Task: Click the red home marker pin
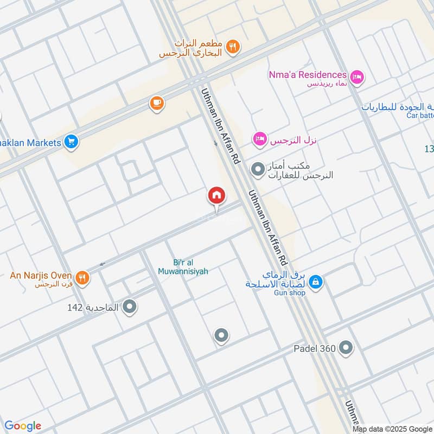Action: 216,196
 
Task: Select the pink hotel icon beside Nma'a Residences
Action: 357,78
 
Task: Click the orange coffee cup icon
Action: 157,103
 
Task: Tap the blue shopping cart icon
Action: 71,143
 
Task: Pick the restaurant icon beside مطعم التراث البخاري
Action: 233,47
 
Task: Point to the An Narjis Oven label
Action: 41,275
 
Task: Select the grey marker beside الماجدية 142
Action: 129,308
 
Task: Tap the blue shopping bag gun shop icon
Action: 317,282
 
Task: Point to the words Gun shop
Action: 290,293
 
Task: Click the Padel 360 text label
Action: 314,348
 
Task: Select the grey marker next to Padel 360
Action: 346,348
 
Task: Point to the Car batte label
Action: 420,116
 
